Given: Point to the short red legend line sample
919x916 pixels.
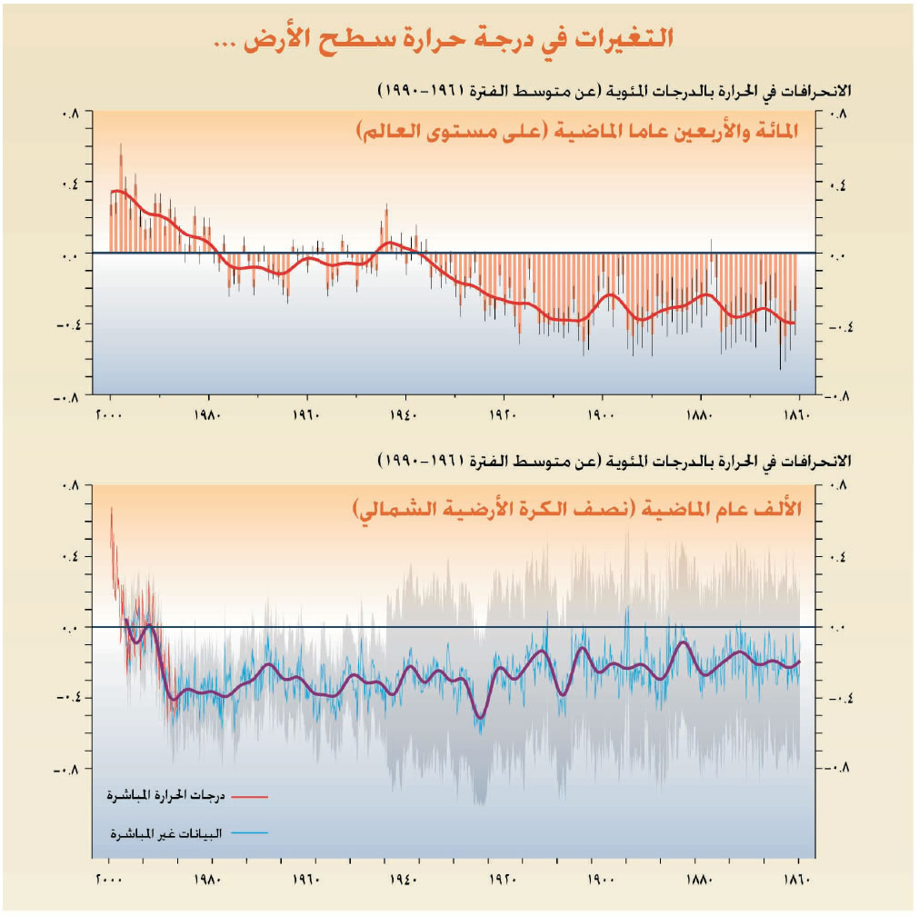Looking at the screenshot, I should click(250, 796).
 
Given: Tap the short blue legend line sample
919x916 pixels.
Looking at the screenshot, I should click(250, 832).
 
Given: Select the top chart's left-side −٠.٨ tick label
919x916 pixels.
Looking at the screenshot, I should click(69, 396).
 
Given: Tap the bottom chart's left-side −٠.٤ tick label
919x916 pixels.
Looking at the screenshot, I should click(67, 698).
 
